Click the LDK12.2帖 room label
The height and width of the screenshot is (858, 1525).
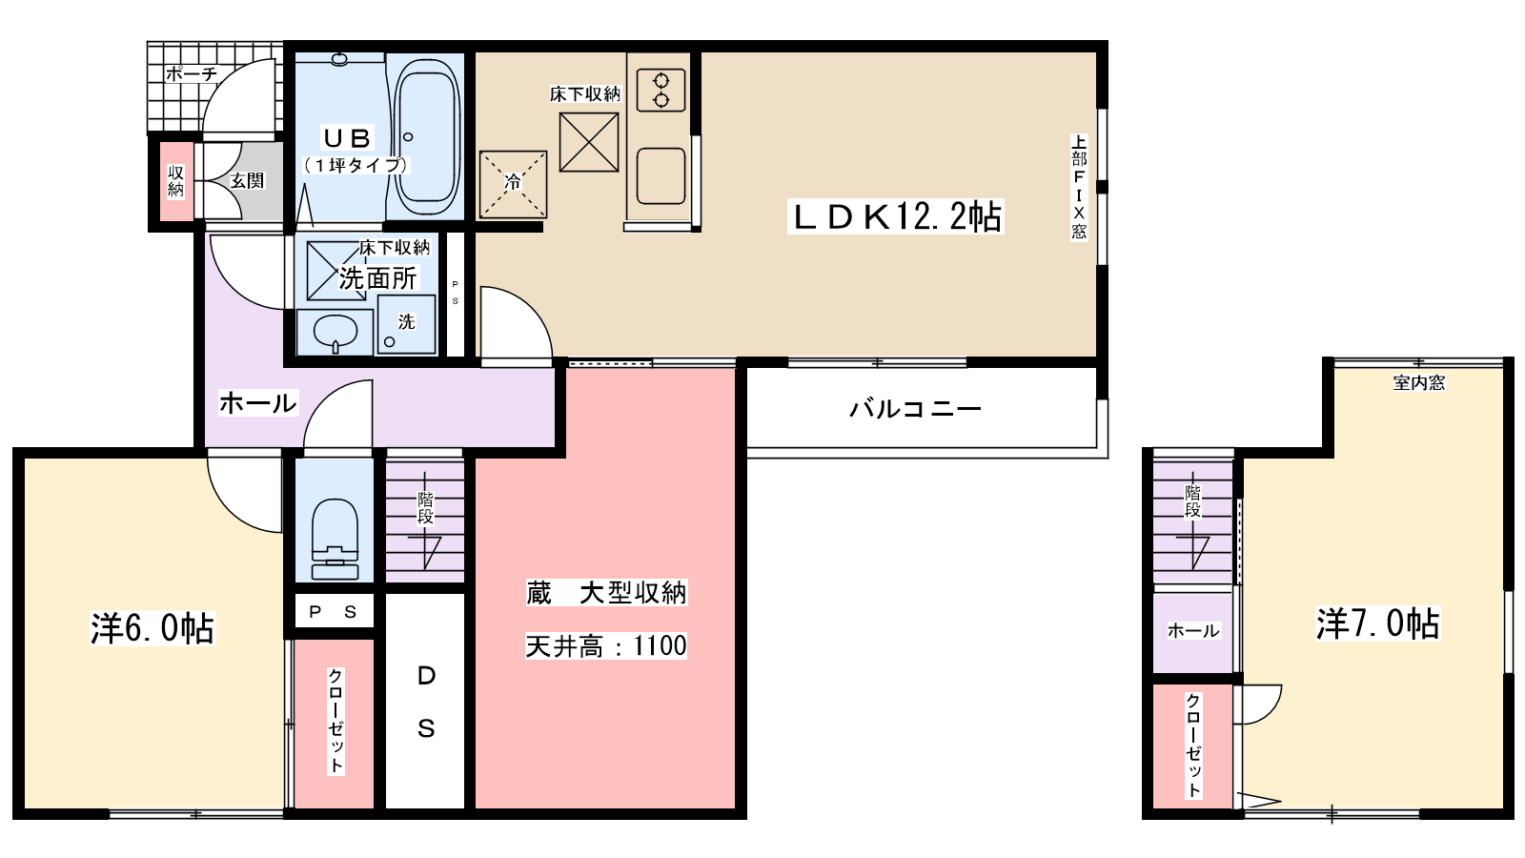point(896,217)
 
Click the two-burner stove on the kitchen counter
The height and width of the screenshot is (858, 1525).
point(660,90)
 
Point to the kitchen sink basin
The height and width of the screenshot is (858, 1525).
point(660,176)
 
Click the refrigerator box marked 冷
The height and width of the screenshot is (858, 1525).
point(513,184)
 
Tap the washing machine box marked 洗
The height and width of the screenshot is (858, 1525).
point(407,324)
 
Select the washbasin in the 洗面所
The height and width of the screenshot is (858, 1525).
point(335,332)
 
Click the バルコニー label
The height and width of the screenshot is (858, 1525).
point(915,409)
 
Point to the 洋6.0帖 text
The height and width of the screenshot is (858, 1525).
point(152,628)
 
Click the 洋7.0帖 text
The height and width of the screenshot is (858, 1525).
point(1377,623)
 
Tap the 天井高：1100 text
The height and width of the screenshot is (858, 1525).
point(606,646)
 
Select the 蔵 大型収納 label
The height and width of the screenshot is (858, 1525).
point(606,593)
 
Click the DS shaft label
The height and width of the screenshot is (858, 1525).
point(426,703)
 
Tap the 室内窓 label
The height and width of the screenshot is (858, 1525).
point(1418,383)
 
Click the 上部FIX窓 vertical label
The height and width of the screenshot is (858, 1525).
point(1079,187)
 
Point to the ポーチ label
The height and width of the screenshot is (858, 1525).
point(191,73)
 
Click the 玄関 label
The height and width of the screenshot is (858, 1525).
point(247,180)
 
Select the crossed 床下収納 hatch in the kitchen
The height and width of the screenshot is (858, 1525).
point(588,142)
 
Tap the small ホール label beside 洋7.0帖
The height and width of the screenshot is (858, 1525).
point(1193,631)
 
